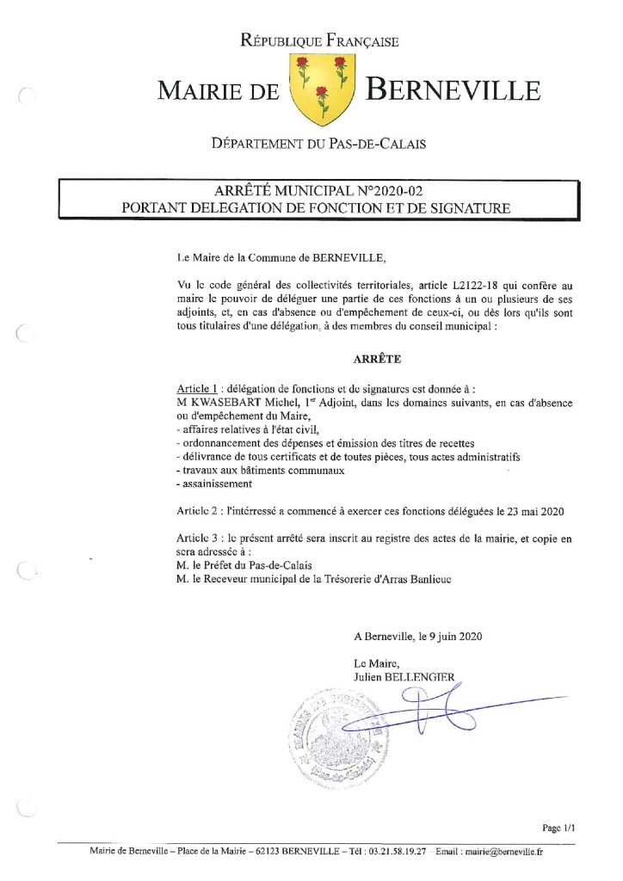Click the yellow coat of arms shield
(319, 89)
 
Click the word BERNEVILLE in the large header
(453, 90)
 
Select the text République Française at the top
(319, 40)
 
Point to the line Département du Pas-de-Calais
(319, 144)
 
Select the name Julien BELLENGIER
(404, 677)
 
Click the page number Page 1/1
(558, 827)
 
